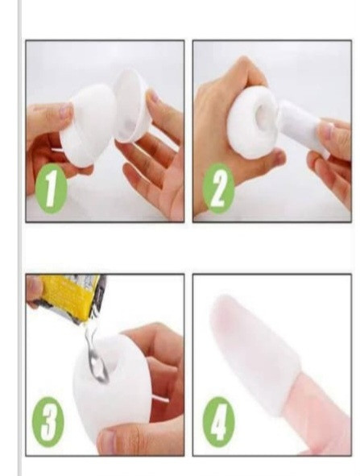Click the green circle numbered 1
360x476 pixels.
click(51, 188)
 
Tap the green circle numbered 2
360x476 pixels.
click(218, 188)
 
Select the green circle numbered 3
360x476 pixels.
click(48, 422)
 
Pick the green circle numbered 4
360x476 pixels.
click(218, 422)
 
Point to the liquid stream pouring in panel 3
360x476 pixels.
click(95, 352)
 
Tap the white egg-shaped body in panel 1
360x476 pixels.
click(88, 125)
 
